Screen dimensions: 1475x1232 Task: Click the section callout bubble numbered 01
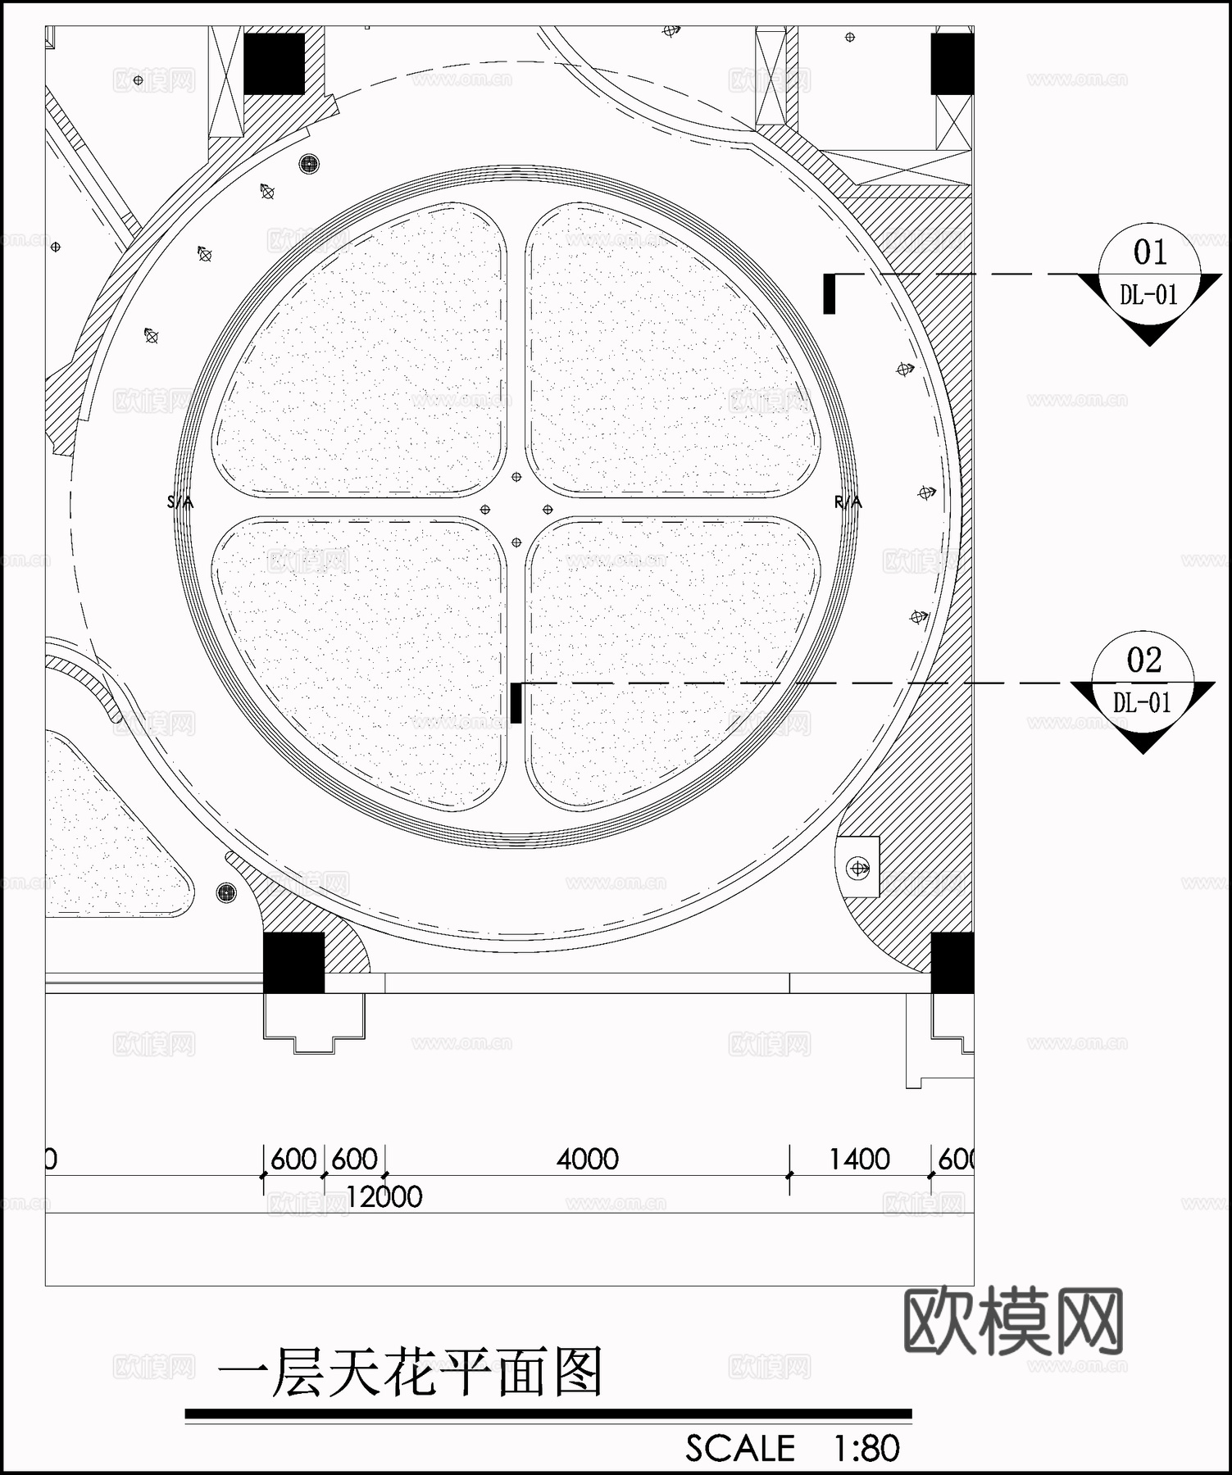point(1149,275)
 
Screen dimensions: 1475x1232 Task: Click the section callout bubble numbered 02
point(1143,683)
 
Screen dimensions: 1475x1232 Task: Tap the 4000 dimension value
point(587,1160)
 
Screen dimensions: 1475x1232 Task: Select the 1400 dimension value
point(859,1160)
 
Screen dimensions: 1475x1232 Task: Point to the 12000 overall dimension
point(384,1197)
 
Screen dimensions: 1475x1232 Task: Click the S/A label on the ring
point(180,502)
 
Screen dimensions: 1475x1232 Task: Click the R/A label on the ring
point(848,502)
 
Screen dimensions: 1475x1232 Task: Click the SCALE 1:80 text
point(792,1449)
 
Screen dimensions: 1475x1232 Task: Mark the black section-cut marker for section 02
point(516,703)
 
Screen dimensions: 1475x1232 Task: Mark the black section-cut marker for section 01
point(830,294)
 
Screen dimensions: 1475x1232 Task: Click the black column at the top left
point(275,63)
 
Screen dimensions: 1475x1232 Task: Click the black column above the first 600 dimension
point(293,963)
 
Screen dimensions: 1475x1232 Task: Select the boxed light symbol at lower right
point(858,868)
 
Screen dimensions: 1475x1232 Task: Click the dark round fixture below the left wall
point(226,892)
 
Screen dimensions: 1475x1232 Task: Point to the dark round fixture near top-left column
point(309,164)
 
